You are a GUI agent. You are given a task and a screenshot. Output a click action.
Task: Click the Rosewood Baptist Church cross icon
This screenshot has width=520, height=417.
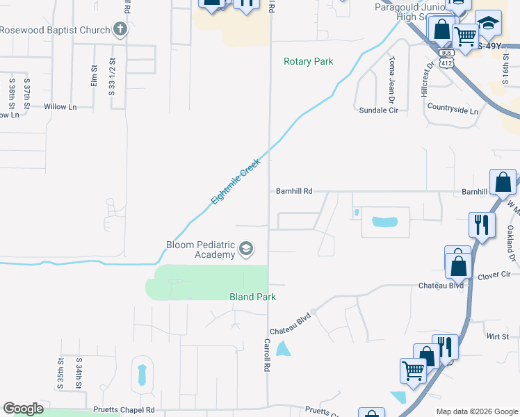pos(120,30)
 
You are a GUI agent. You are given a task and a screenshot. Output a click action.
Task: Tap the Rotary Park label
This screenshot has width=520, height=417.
pos(309,62)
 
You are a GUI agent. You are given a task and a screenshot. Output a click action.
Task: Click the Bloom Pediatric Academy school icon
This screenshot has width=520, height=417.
pos(245,248)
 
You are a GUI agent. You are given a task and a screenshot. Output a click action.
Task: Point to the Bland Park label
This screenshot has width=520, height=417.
pos(253,297)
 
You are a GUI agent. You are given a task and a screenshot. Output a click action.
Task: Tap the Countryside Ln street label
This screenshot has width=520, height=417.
pos(453,111)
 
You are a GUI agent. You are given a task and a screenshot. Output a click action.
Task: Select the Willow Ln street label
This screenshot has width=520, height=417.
pos(60,107)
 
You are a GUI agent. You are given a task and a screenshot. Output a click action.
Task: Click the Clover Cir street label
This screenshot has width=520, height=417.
pos(494,276)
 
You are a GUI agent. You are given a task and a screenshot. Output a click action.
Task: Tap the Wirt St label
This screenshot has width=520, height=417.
pos(498,336)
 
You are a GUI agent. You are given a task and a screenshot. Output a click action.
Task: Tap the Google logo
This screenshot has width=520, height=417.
pos(23,409)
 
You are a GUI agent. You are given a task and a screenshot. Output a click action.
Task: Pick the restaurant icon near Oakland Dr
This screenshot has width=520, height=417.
pos(481,224)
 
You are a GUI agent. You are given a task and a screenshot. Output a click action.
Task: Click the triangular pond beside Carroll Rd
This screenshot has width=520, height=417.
pos(283,348)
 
